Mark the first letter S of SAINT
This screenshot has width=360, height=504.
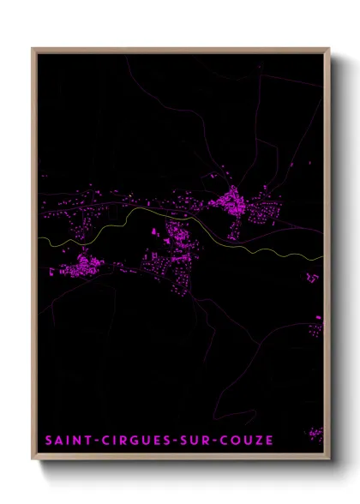pos(49,441)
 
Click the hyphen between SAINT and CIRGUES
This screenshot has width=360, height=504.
pos(92,441)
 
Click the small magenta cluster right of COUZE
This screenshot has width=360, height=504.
pos(315,433)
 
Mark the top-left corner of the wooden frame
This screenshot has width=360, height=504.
pos(33,49)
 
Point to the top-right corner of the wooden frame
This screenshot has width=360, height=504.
pos(328,49)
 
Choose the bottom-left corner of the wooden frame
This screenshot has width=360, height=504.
pos(33,459)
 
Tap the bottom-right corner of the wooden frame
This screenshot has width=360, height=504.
pos(328,459)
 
